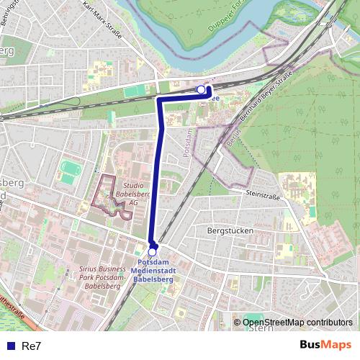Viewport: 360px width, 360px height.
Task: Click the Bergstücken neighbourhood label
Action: tap(228, 231)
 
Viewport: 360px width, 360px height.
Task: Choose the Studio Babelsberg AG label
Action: tap(133, 194)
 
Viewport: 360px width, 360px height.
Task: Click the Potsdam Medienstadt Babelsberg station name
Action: tap(153, 270)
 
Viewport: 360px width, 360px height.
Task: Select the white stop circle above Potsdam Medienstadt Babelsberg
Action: tap(153, 251)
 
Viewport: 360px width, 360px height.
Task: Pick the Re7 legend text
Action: tap(32, 346)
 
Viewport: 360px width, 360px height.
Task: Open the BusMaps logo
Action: tap(325, 345)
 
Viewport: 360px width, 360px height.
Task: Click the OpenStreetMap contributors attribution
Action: tap(297, 323)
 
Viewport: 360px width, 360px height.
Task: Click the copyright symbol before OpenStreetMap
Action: tap(238, 323)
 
